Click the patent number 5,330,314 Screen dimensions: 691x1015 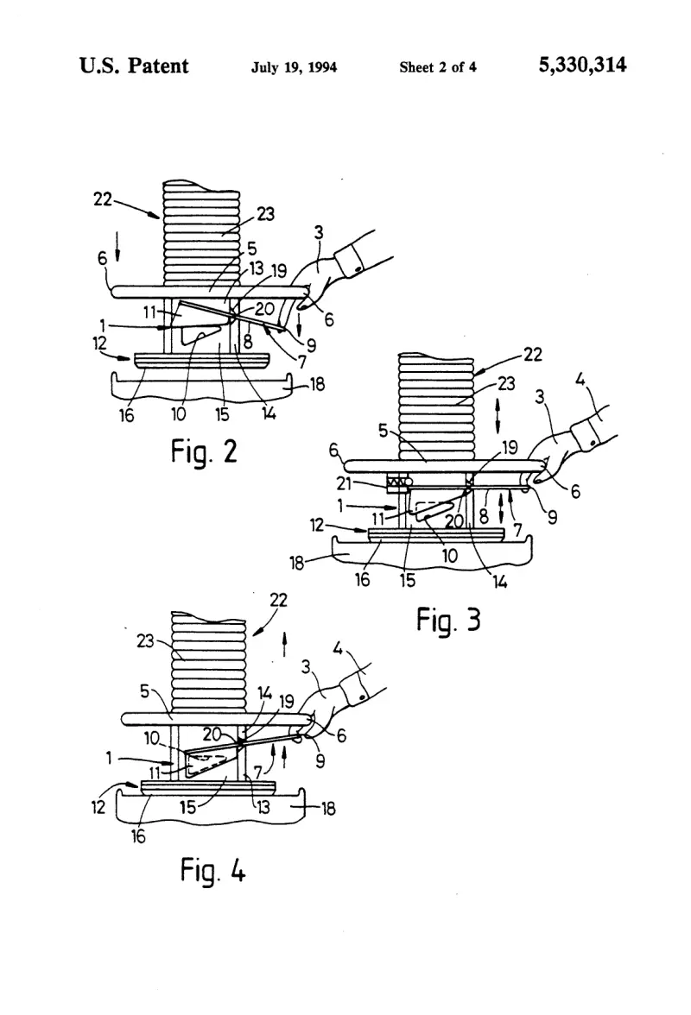point(582,66)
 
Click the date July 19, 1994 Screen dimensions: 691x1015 point(294,67)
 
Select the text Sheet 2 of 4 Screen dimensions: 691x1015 point(438,66)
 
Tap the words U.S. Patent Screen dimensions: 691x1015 point(134,66)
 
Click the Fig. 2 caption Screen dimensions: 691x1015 point(204,451)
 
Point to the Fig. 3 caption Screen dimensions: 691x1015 point(448,620)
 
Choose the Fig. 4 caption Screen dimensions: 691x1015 point(213,870)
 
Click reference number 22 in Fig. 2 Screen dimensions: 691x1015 point(103,199)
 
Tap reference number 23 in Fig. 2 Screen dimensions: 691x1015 point(265,214)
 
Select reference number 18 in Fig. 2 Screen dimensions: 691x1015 point(317,385)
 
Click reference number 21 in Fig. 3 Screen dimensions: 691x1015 point(344,483)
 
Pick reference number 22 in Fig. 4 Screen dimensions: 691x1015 point(278,600)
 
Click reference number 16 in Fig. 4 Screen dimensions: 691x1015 point(138,836)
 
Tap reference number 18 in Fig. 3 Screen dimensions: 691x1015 point(296,563)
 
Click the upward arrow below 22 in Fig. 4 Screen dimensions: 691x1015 point(284,646)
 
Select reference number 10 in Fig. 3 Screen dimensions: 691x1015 point(449,555)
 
